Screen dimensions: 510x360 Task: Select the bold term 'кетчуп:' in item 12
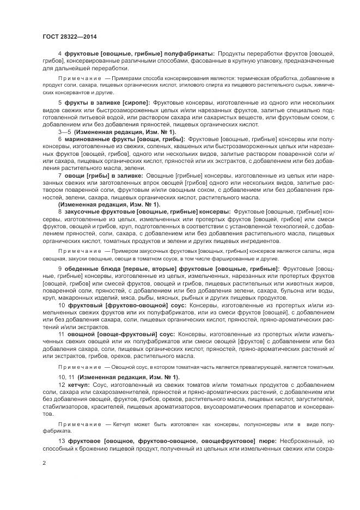pyautogui.click(x=81, y=385)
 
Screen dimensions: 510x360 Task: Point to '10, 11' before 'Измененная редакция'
pyautogui.click(x=66, y=377)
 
